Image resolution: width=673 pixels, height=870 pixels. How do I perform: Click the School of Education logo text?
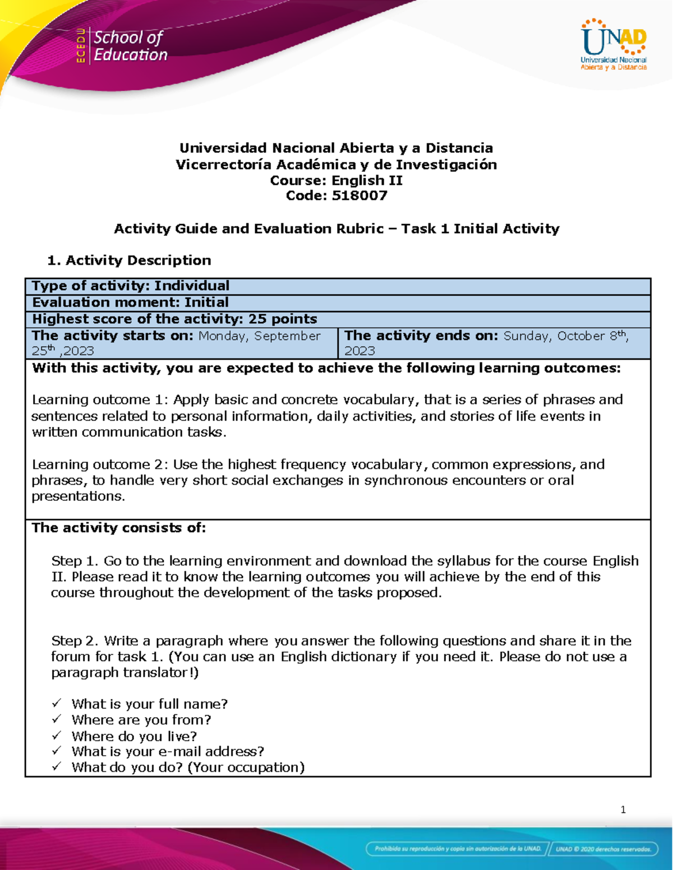point(130,46)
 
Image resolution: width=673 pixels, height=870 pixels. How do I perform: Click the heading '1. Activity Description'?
point(130,260)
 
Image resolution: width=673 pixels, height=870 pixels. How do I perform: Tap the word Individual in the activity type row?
point(192,286)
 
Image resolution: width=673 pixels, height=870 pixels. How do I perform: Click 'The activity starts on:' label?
point(113,336)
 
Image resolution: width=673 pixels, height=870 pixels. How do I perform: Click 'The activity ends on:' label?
point(421,336)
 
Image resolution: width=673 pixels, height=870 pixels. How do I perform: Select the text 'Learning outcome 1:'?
point(100,399)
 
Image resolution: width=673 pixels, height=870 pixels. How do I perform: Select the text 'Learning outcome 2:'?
point(100,464)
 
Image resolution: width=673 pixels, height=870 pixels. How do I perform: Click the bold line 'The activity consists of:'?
point(119,528)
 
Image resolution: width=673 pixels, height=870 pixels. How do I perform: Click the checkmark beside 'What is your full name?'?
point(57,703)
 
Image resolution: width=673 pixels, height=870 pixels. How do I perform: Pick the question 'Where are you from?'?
point(141,719)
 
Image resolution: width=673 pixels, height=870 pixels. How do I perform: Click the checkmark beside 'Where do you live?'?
point(57,735)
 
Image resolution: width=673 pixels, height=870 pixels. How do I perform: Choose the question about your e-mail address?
point(168,751)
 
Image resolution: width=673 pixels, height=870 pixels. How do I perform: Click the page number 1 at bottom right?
point(623,809)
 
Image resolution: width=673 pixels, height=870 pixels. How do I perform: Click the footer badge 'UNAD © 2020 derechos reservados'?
point(603,849)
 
